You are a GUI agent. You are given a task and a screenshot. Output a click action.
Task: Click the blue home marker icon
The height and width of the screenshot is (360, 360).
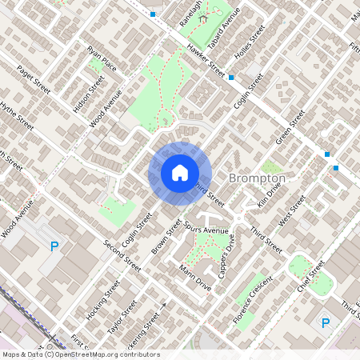tap(180, 173)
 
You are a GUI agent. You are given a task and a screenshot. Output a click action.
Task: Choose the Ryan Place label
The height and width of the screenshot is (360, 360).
tap(102, 58)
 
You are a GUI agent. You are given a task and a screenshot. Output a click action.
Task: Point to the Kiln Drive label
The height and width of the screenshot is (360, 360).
tap(270, 194)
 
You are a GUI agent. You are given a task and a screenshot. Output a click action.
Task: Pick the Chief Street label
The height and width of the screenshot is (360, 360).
tap(310, 277)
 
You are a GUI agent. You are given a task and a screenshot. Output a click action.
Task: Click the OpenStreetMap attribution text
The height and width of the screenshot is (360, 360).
tap(80, 354)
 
